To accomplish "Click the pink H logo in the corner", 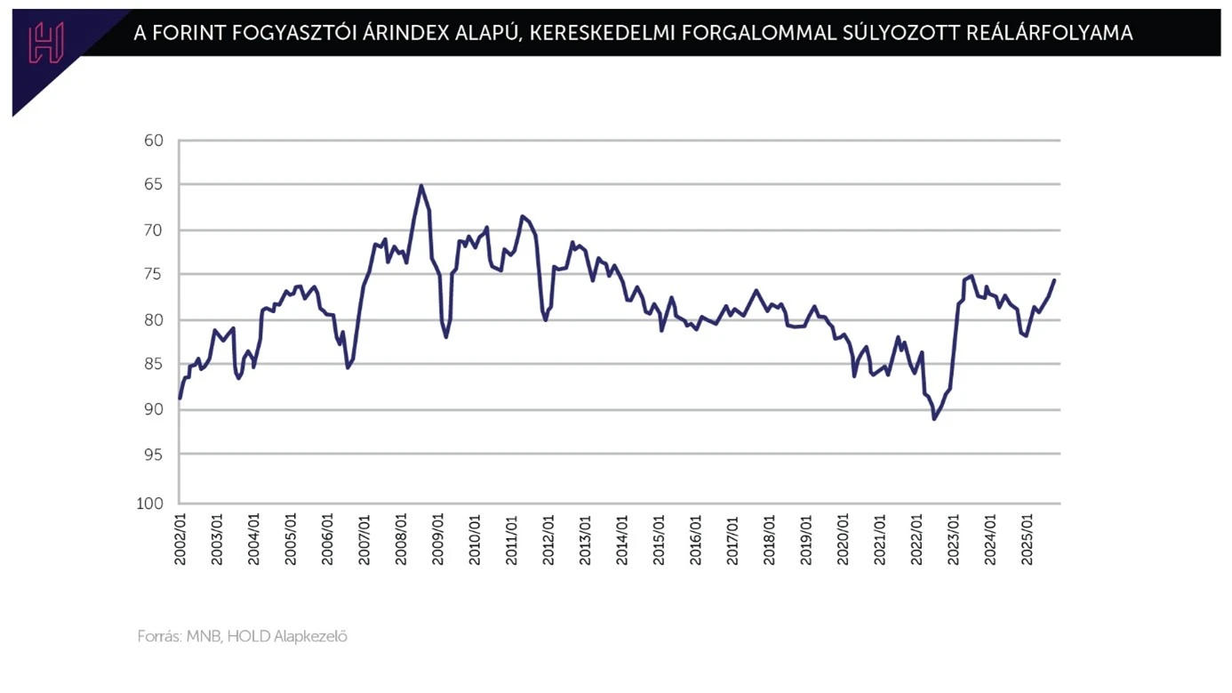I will coord(45,42).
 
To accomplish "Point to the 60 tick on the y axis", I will coord(153,141).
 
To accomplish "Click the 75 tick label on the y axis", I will coord(153,275).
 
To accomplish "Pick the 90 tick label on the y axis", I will coord(153,409).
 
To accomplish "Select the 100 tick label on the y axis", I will coord(149,504).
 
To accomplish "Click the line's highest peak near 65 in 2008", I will coord(421,185).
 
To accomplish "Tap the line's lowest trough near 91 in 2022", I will coord(934,418).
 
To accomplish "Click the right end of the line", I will coord(1054,280).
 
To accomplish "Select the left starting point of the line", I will coord(180,399).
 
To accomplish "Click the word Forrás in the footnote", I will coord(159,637).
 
